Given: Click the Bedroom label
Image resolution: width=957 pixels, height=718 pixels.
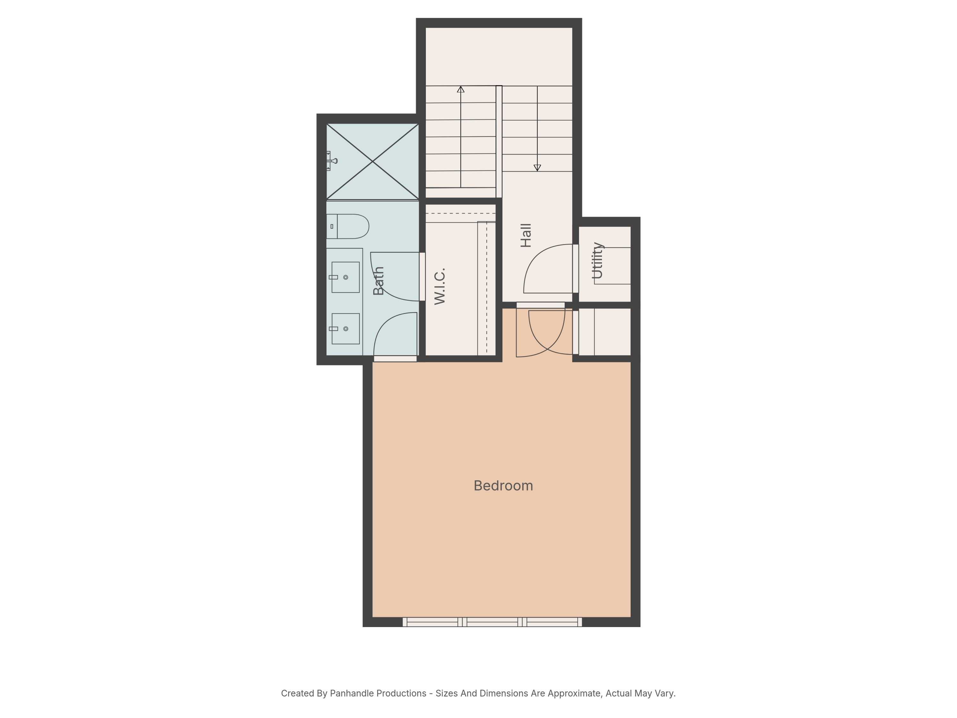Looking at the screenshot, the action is [503, 486].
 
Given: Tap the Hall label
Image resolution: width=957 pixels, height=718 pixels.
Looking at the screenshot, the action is [526, 236].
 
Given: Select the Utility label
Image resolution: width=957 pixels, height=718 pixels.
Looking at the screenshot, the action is [597, 260].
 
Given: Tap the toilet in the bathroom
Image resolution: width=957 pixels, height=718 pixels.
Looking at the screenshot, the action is [347, 226].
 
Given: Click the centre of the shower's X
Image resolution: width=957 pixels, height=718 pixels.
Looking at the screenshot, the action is [373, 161].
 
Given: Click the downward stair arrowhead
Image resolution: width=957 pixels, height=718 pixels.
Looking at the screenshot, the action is [537, 168].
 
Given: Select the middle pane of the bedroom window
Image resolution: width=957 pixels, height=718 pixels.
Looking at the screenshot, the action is [492, 622].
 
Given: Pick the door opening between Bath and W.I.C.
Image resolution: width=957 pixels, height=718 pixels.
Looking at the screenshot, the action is [422, 277].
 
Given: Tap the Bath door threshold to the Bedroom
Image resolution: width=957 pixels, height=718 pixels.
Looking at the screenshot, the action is [395, 359].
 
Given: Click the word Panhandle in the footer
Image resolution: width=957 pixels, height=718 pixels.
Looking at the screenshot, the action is [378, 693].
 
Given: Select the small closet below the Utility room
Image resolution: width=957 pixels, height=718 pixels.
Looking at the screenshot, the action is [605, 332].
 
